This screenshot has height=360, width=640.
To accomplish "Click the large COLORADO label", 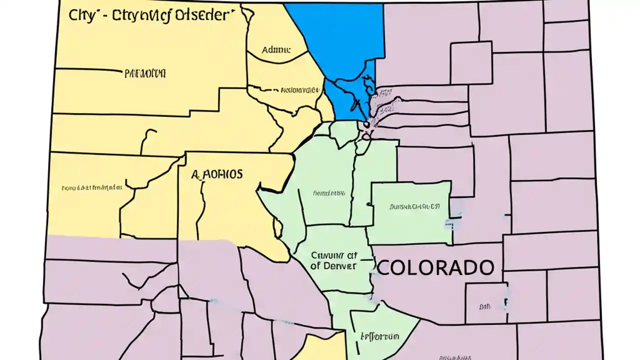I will click(434, 267).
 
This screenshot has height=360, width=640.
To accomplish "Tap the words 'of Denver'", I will click(333, 266).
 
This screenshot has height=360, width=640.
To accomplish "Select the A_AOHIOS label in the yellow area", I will click(217, 174).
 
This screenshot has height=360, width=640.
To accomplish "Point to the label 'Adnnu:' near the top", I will click(276, 50).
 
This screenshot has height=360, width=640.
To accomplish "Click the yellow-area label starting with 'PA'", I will click(144, 74).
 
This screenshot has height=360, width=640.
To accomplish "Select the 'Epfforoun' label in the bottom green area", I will click(379, 335).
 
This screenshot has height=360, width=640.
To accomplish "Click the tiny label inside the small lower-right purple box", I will click(484, 306).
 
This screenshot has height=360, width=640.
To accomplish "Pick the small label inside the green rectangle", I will click(414, 206).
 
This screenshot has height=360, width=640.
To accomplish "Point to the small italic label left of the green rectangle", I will click(328, 192).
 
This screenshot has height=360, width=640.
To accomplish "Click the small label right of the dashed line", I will click(299, 90).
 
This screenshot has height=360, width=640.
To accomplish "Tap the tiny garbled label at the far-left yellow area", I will click(91, 188).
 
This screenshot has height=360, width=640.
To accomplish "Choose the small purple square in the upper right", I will click(471, 62).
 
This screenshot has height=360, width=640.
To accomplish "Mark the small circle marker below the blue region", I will click(366, 124).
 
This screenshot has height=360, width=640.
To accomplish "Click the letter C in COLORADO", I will click(384, 267).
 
